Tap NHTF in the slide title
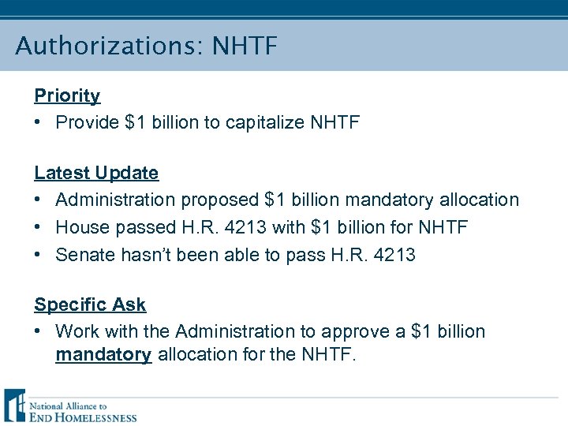click(245, 46)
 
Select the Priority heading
click(67, 96)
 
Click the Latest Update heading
click(96, 173)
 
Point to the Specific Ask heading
click(90, 305)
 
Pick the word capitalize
click(266, 123)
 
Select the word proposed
click(222, 200)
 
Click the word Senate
click(86, 255)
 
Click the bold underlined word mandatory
click(103, 355)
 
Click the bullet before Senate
click(39, 255)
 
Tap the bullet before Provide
click(39, 123)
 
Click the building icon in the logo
click(14, 405)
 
